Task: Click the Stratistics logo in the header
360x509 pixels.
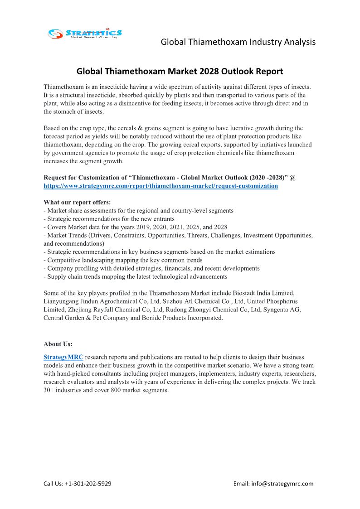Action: coord(85,34)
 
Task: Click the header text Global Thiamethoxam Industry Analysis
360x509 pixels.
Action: coord(238,42)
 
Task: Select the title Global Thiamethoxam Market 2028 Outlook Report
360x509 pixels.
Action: coord(180,71)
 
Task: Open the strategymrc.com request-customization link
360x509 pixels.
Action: coord(161,186)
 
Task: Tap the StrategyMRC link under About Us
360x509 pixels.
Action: coord(63,357)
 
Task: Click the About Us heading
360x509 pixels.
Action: coord(58,344)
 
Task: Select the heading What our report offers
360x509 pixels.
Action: coord(77,202)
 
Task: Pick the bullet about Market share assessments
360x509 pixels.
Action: coord(139,211)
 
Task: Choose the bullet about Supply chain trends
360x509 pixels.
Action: coord(136,276)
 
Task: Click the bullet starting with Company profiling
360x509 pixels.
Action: coord(151,268)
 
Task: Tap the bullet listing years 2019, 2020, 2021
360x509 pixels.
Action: coord(136,227)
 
